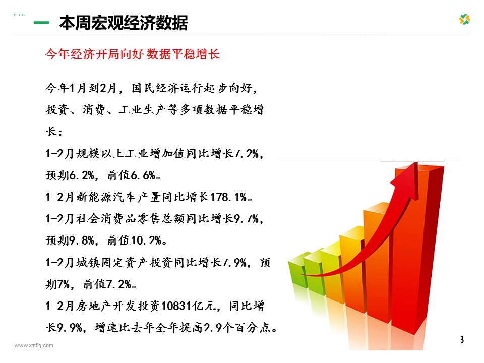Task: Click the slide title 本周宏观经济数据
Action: click(x=124, y=23)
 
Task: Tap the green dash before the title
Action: click(x=41, y=23)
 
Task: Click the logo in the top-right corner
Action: click(x=464, y=20)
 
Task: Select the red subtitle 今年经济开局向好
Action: click(x=94, y=54)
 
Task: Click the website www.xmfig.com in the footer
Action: click(x=34, y=346)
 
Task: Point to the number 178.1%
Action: click(x=228, y=197)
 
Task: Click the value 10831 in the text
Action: click(x=175, y=306)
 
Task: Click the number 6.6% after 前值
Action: click(x=143, y=175)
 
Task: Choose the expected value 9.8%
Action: click(x=82, y=240)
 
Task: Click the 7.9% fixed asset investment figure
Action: click(x=234, y=263)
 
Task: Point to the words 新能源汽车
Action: click(x=106, y=197)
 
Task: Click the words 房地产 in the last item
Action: click(x=94, y=306)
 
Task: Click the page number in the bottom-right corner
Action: click(x=462, y=339)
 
